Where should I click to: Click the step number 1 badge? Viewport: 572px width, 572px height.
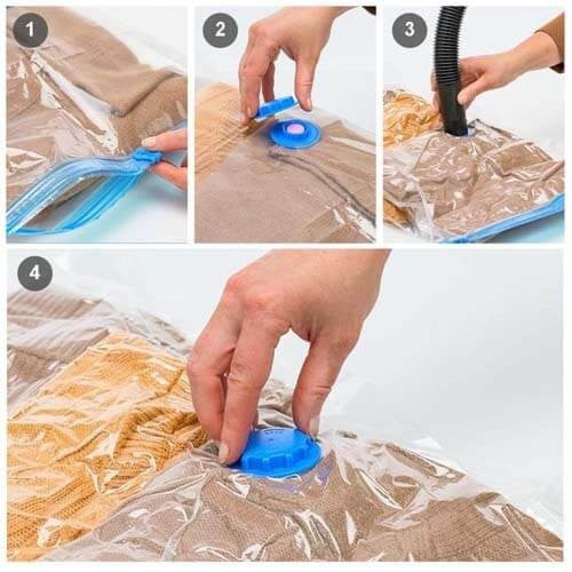coord(30,29)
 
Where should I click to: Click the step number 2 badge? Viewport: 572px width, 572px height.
coord(220,29)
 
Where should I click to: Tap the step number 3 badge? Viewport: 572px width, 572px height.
coord(410,29)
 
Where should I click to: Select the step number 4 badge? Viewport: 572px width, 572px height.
coord(35,273)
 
